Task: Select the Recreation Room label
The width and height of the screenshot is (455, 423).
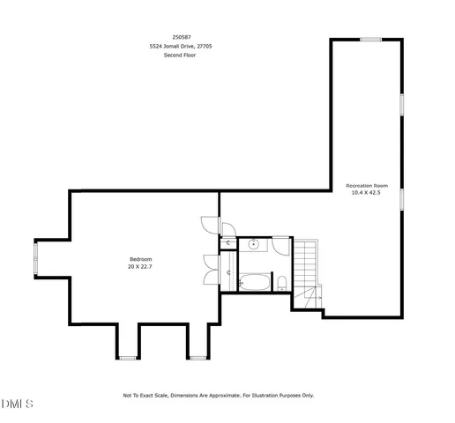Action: point(366,185)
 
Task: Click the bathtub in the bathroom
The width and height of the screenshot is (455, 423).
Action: point(255,282)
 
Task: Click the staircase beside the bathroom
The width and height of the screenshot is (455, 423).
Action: point(305,264)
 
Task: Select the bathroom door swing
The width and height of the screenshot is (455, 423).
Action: point(280,245)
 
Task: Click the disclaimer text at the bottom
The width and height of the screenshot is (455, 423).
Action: point(218,396)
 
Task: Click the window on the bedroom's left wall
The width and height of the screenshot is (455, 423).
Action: point(35,260)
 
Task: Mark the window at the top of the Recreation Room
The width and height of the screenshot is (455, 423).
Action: point(370,39)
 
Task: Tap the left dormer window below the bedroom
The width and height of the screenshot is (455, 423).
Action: point(128,357)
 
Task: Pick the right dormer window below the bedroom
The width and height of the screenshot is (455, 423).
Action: point(197,357)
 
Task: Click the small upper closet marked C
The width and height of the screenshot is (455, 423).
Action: point(227,241)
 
